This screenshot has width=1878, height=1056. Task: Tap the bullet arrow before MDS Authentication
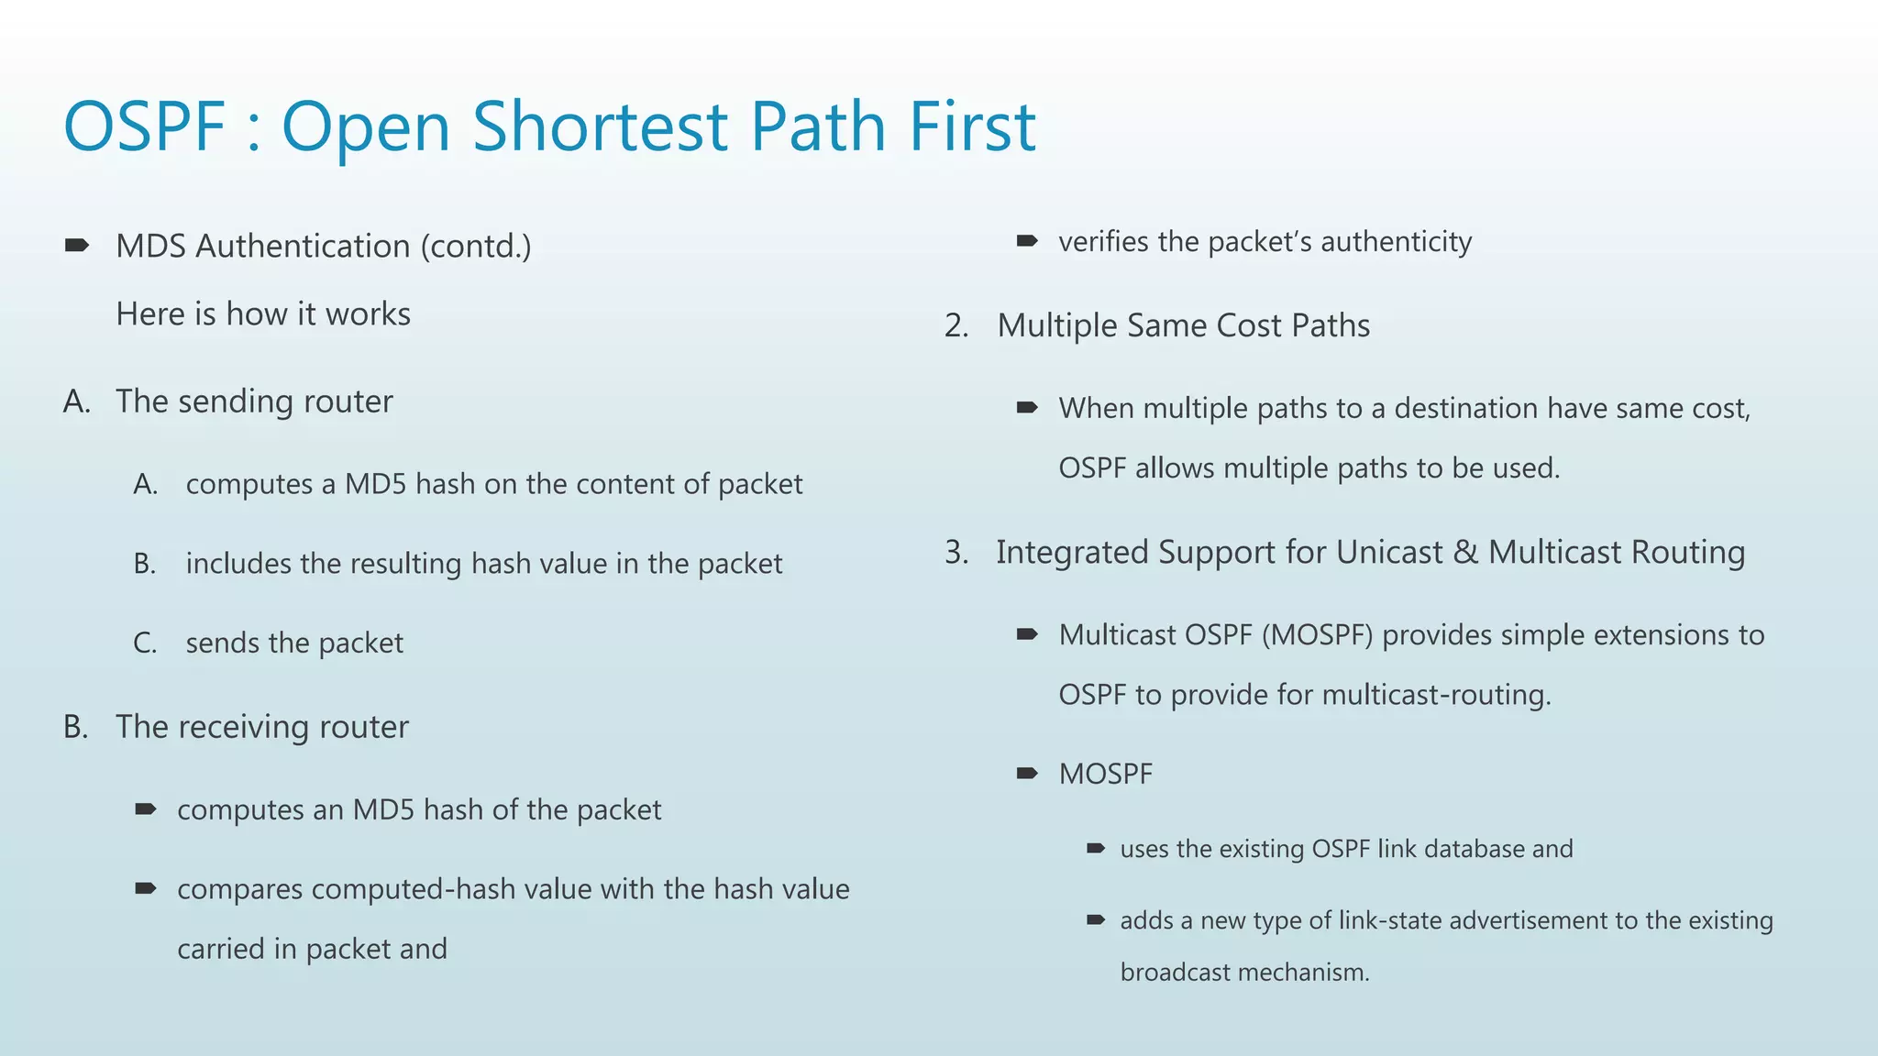77,245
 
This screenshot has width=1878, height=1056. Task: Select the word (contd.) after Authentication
475,247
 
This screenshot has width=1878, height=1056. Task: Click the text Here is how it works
263,314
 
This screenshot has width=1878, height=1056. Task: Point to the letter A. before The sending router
77,401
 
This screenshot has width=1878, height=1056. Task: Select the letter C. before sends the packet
145,643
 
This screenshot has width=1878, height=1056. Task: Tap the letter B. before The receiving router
76,727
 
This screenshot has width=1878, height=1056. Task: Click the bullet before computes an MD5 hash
146,808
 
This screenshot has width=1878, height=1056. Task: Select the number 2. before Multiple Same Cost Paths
956,326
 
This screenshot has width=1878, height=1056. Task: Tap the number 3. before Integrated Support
956,553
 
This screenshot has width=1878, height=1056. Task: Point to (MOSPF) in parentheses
1317,635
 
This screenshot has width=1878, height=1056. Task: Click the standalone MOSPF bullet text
1105,775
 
